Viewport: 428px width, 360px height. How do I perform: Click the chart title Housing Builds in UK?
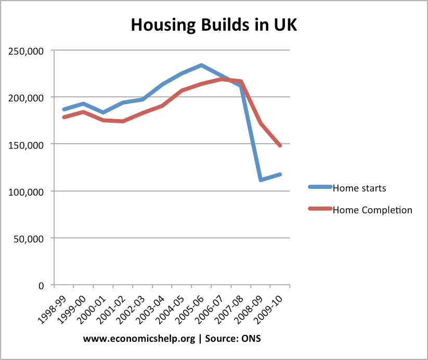[214, 24]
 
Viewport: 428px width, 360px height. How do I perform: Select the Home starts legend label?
[359, 188]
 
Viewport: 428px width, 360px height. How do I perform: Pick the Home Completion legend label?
[372, 210]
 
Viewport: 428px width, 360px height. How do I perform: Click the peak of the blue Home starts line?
[201, 65]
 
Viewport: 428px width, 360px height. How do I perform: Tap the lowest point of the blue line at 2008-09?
[261, 180]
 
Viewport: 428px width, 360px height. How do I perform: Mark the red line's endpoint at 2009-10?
[280, 146]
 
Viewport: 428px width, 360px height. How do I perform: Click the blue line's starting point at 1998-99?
[63, 109]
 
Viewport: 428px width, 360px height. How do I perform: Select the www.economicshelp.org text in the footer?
[139, 339]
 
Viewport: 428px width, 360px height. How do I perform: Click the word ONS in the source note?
[251, 339]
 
